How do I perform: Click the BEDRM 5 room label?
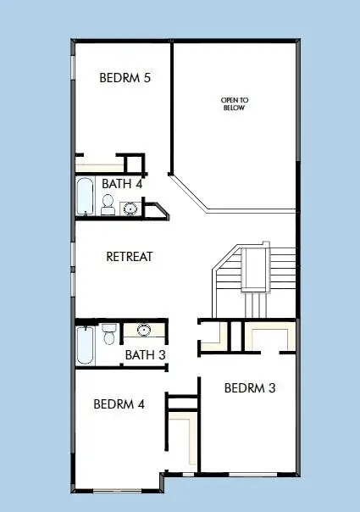(x=125, y=78)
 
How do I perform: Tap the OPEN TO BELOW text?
(x=235, y=104)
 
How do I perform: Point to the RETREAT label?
(x=129, y=256)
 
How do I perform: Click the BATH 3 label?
(x=144, y=354)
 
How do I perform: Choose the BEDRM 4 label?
(x=119, y=403)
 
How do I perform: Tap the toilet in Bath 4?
(x=108, y=203)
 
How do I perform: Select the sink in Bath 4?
(x=131, y=207)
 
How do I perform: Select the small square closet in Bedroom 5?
(x=132, y=163)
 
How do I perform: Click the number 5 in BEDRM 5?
(x=147, y=78)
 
